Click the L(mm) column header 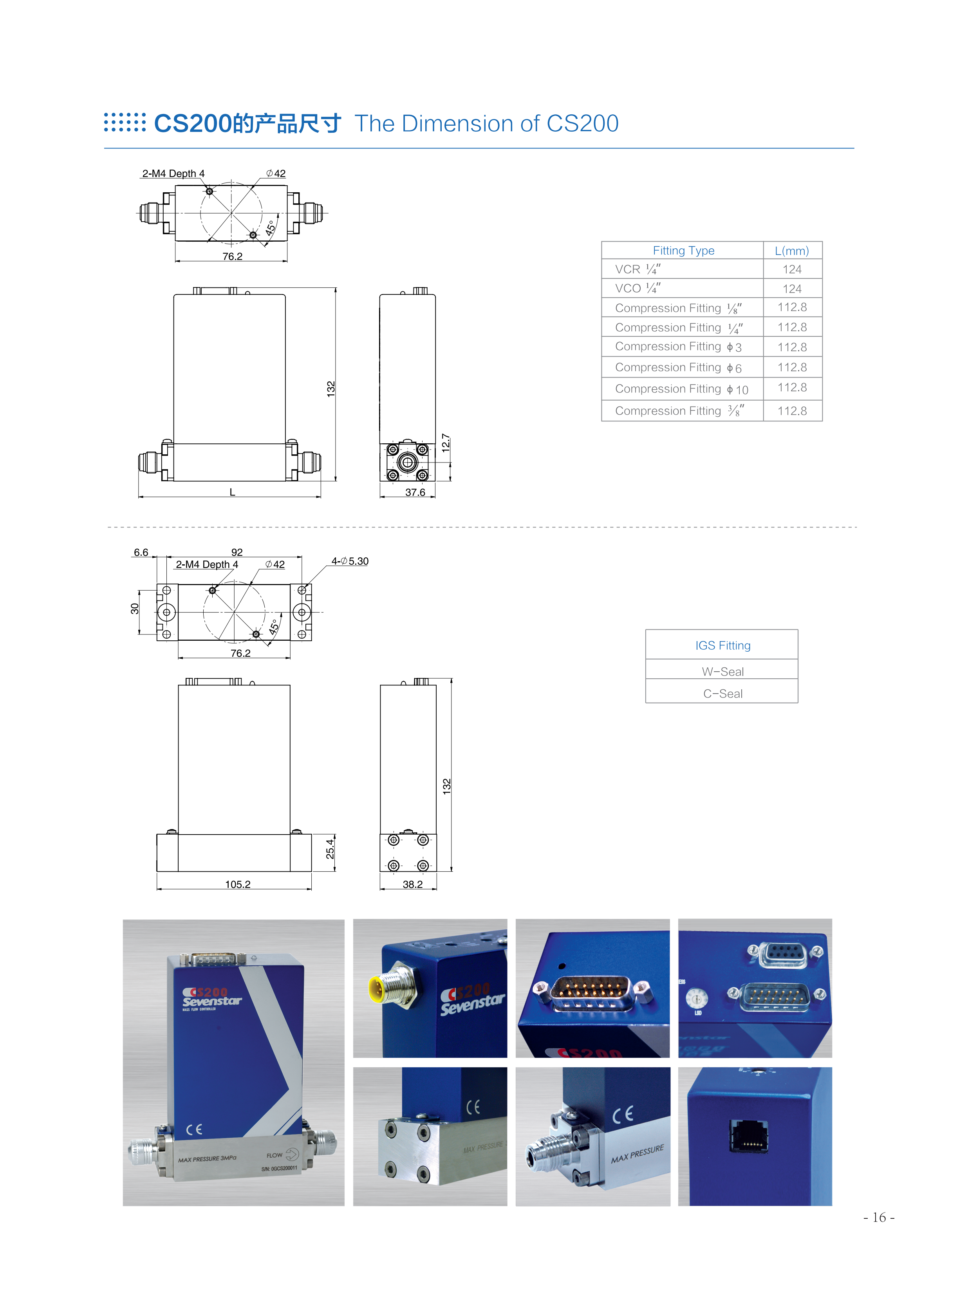(x=791, y=251)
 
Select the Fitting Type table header (x=683, y=251)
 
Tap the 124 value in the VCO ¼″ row (x=792, y=289)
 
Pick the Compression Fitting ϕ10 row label (x=681, y=389)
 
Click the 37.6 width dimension (x=415, y=492)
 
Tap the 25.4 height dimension (x=330, y=849)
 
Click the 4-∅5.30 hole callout (x=350, y=561)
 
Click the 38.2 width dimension (x=413, y=884)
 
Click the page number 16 (x=879, y=1217)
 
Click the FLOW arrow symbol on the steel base (x=291, y=1155)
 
